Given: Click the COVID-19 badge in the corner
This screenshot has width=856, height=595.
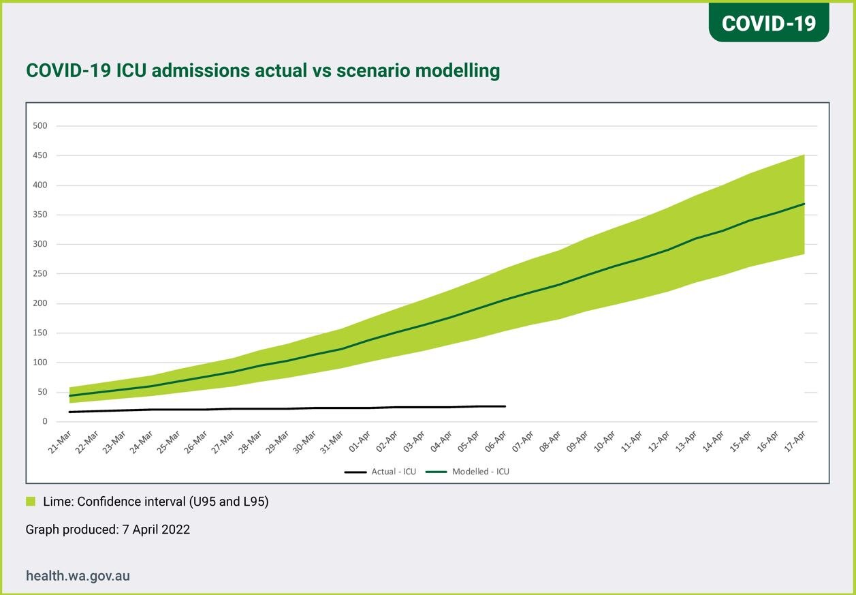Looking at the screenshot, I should pyautogui.click(x=768, y=22).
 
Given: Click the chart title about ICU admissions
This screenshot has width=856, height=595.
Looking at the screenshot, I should pyautogui.click(x=263, y=70).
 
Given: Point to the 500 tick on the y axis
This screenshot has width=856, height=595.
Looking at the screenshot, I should pyautogui.click(x=41, y=126).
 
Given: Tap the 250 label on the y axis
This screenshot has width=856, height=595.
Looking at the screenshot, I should pyautogui.click(x=41, y=274).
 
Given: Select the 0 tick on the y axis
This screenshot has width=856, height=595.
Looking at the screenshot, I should pyautogui.click(x=45, y=422).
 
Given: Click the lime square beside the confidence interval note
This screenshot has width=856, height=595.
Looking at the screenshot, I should pyautogui.click(x=30, y=502).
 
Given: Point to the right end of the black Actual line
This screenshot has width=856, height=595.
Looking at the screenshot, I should pyautogui.click(x=505, y=406).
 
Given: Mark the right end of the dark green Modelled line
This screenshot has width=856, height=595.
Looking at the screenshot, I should pyautogui.click(x=804, y=204).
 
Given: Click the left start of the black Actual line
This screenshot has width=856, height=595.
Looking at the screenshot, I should pyautogui.click(x=69, y=412).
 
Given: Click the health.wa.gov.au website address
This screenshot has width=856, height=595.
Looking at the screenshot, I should pyautogui.click(x=78, y=576).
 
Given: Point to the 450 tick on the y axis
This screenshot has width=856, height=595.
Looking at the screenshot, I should pyautogui.click(x=41, y=156).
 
